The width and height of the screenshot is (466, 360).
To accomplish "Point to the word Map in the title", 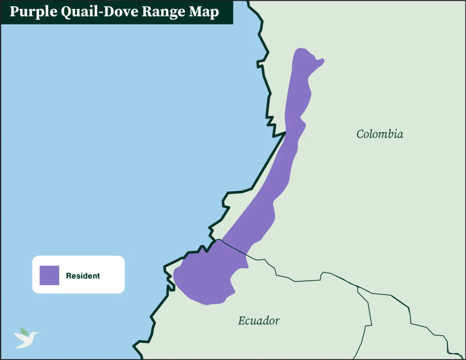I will tap(205, 12).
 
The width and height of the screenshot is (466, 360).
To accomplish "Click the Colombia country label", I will tap(380, 134).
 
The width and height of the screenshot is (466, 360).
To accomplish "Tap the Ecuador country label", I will tap(258, 320).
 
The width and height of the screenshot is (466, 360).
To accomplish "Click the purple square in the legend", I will tap(49, 275).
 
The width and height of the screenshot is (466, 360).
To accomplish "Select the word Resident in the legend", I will tap(83, 276).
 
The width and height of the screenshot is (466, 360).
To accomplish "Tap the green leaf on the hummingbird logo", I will tap(24, 331).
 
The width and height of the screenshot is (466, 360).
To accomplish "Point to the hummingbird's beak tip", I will tap(41, 333).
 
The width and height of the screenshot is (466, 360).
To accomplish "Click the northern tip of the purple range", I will tap(300, 49).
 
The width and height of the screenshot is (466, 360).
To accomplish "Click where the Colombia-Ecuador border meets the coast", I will tap(219, 239).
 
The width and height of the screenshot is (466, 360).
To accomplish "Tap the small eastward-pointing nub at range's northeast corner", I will tap(322, 60).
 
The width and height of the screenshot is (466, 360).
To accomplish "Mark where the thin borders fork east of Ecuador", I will tap(358, 287).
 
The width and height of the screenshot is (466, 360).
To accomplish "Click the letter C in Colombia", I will tap(360, 134).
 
